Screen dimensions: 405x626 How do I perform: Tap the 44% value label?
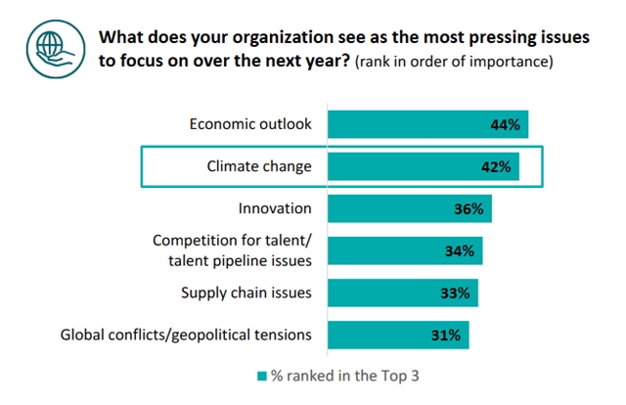tap(505, 124)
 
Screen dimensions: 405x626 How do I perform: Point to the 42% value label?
tap(496, 166)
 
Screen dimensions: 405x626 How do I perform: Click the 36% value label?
tap(469, 208)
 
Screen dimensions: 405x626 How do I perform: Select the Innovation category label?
tap(275, 208)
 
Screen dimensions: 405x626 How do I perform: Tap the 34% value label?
tap(460, 250)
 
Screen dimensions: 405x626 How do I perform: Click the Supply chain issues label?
tap(246, 292)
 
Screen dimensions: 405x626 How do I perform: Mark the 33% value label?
tap(455, 292)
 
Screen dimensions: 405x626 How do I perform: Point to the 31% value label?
tap(446, 335)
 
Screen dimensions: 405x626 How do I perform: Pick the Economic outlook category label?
tap(249, 124)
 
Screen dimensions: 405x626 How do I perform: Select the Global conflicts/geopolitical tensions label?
tap(186, 335)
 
